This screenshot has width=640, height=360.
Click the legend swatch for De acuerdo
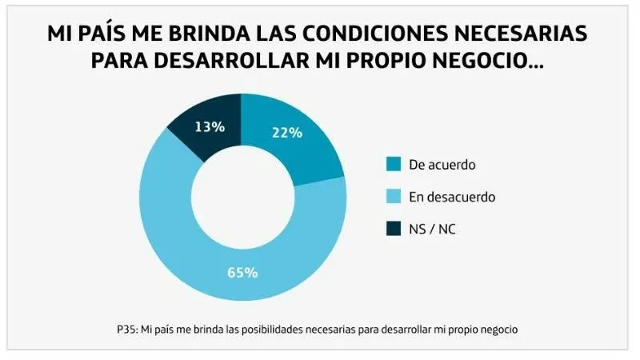click(x=392, y=165)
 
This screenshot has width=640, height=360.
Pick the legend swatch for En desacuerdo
click(x=392, y=197)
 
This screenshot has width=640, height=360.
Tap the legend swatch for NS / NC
click(x=392, y=229)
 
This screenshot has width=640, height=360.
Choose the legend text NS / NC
click(x=432, y=229)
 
